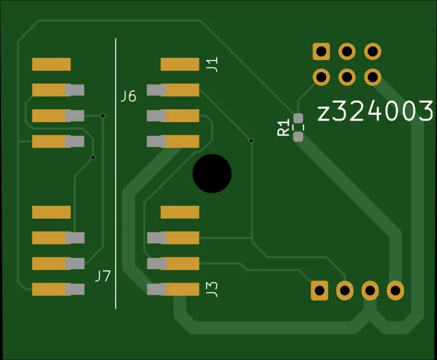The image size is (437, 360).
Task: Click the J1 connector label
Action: click(x=212, y=64)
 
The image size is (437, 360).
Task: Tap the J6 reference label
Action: click(x=128, y=96)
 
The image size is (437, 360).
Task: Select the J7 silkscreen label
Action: click(x=103, y=276)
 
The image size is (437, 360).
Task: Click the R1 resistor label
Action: click(x=284, y=127)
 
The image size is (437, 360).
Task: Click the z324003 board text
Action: click(x=375, y=112)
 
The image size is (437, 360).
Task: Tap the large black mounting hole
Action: click(x=212, y=173)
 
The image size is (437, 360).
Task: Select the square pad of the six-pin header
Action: click(x=321, y=52)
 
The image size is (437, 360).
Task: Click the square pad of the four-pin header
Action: click(x=319, y=290)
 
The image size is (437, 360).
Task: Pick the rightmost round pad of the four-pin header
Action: click(x=395, y=290)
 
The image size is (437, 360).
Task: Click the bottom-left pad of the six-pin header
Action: click(x=321, y=77)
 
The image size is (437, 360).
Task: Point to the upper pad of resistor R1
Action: click(x=298, y=118)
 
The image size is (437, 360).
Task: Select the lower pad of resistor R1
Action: click(x=298, y=136)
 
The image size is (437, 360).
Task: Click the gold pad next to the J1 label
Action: click(x=180, y=64)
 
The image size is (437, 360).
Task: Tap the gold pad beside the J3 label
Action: click(x=180, y=289)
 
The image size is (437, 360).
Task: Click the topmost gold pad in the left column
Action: click(x=51, y=64)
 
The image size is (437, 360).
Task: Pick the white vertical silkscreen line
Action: click(x=116, y=174)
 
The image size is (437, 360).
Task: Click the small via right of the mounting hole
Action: click(x=251, y=140)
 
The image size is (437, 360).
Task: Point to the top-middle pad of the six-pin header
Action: click(x=347, y=52)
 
